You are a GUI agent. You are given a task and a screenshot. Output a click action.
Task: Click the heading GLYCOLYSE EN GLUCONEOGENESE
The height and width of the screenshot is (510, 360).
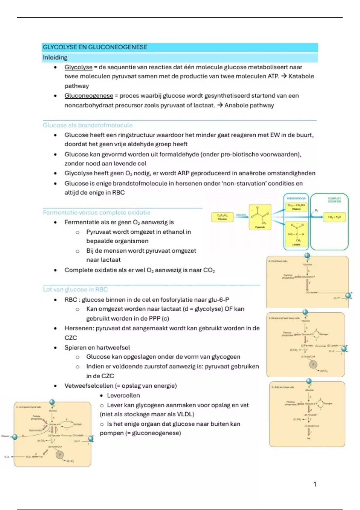coord(95,47)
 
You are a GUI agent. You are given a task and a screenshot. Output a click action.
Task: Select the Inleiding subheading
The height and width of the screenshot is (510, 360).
coord(55,57)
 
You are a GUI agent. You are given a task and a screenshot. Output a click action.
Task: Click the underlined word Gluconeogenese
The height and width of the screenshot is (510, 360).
coord(89,96)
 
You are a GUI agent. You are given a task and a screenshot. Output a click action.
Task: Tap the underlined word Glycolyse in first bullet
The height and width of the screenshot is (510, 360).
coord(78,67)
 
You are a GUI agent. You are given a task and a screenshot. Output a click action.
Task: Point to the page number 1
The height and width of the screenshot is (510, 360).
coord(315,484)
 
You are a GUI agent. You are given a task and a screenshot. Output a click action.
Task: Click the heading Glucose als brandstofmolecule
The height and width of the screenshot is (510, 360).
coord(88,125)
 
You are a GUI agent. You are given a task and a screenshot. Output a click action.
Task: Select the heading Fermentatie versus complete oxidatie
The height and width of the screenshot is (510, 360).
coord(96,212)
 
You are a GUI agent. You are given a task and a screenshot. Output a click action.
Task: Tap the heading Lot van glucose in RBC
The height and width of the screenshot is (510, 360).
coord(75,289)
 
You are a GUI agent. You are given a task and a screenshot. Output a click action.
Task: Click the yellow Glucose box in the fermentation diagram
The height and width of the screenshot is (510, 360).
coord(222,217)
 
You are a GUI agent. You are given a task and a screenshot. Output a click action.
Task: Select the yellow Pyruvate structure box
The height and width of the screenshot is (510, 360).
coord(260,217)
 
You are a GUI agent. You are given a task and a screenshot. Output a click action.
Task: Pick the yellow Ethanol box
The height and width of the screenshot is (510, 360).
coord(296,207)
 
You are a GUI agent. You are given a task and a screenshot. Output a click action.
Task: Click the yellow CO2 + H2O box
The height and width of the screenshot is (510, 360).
coord(334,217)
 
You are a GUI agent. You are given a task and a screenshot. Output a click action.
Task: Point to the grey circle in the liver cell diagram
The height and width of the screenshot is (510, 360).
coord(59,454)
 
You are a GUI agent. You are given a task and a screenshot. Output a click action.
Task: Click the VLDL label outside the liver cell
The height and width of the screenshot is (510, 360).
coord(7,457)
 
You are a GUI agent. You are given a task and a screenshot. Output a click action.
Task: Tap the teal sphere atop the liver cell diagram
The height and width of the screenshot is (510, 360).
coord(52,402)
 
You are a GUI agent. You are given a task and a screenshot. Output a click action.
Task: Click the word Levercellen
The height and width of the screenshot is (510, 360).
coord(123,395)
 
